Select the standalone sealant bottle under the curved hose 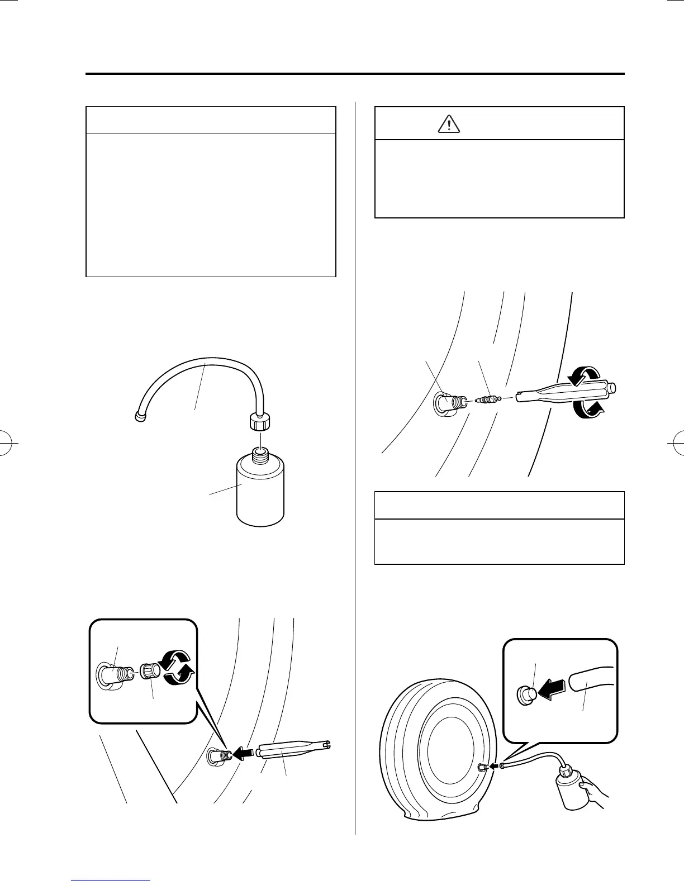pyautogui.click(x=260, y=492)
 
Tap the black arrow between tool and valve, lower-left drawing pyautogui.click(x=242, y=754)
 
